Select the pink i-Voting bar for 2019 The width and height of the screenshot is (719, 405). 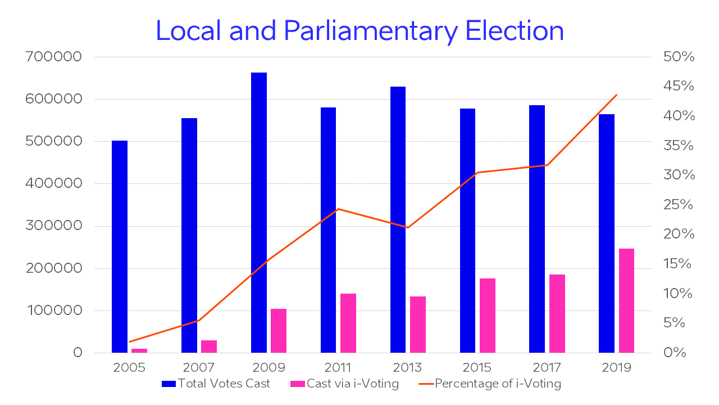point(626,300)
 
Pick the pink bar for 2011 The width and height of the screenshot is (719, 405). point(348,323)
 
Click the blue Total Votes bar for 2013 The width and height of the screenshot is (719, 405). point(398,219)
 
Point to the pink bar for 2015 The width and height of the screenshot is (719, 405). point(488,316)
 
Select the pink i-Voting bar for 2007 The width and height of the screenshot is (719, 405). point(209,346)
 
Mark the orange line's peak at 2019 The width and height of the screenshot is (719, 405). point(617,94)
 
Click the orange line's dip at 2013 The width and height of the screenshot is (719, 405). point(408,227)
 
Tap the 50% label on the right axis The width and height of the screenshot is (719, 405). point(679,57)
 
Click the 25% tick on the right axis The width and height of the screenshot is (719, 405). point(679,205)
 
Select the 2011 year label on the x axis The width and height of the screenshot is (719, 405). point(338,368)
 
